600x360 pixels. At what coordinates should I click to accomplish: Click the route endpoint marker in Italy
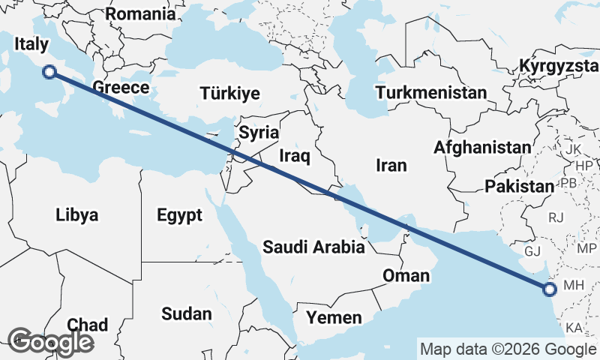pyautogui.click(x=49, y=72)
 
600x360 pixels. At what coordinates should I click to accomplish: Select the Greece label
pyautogui.click(x=121, y=88)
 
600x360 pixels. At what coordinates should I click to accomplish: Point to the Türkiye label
pyautogui.click(x=229, y=93)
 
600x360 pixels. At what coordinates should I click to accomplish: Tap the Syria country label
pyautogui.click(x=259, y=133)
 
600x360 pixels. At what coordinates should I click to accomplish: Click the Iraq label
pyautogui.click(x=294, y=156)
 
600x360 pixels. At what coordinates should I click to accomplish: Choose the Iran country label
pyautogui.click(x=391, y=165)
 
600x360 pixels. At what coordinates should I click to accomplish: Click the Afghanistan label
pyautogui.click(x=481, y=147)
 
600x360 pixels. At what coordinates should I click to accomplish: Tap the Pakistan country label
pyautogui.click(x=519, y=186)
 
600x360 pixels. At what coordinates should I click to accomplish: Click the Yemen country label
pyautogui.click(x=333, y=317)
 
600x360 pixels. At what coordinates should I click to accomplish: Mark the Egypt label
pyautogui.click(x=180, y=216)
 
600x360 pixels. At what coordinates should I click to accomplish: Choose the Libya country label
pyautogui.click(x=76, y=216)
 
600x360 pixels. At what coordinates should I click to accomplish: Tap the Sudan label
pyautogui.click(x=185, y=313)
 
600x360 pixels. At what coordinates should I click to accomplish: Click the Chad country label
pyautogui.click(x=88, y=325)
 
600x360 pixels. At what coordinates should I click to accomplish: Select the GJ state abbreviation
pyautogui.click(x=532, y=250)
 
